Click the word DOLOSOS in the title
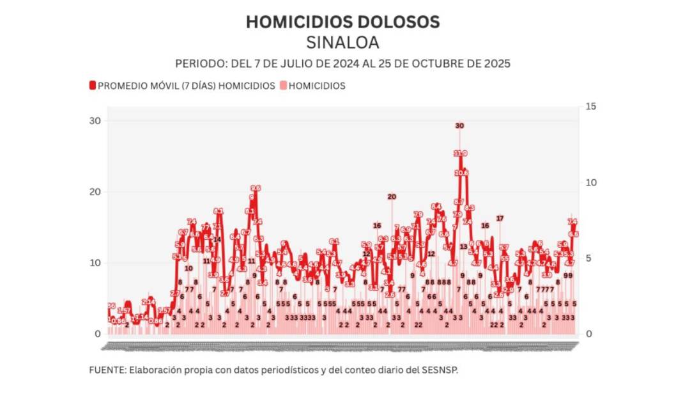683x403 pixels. pos(398,22)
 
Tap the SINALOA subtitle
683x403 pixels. pos(342,43)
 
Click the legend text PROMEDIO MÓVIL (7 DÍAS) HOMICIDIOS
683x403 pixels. pos(186,86)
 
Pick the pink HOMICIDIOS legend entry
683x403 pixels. pos(317,86)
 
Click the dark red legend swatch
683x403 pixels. pos(93,86)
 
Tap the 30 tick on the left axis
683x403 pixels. pos(95,121)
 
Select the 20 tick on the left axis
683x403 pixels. pos(95,192)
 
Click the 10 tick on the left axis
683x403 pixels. pos(95,263)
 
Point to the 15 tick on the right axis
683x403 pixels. pos(590,106)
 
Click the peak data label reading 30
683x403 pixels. pos(459,126)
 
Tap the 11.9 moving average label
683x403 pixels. pos(461,154)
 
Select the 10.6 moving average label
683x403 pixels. pos(462,173)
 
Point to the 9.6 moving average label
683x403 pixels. pos(256,188)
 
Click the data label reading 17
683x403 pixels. pos(500,219)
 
